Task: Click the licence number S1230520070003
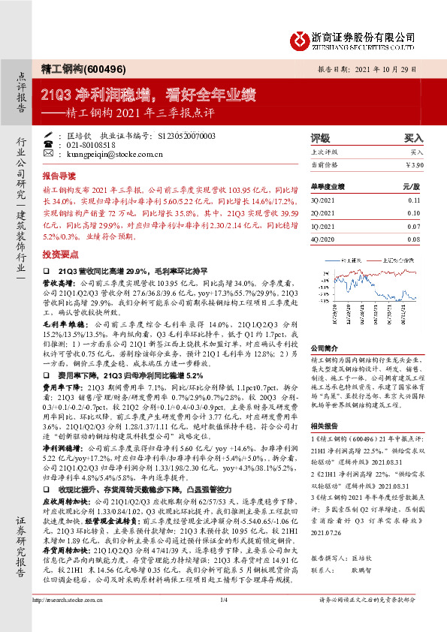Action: [x=186, y=135]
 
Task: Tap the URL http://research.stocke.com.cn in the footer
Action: [x=65, y=621]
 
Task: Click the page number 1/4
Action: [x=223, y=621]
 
